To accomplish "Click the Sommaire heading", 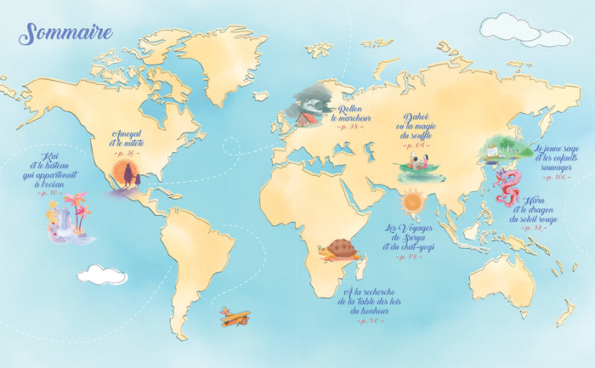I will click(66, 34).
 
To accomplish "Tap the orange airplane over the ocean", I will click(235, 316).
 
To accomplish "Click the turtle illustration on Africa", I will click(343, 250).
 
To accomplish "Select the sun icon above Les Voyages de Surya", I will click(413, 202).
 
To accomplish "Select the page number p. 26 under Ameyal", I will click(128, 153).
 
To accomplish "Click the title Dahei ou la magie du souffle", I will click(422, 127).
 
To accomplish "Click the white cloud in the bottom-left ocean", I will click(102, 275).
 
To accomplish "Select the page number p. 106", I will click(556, 178).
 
